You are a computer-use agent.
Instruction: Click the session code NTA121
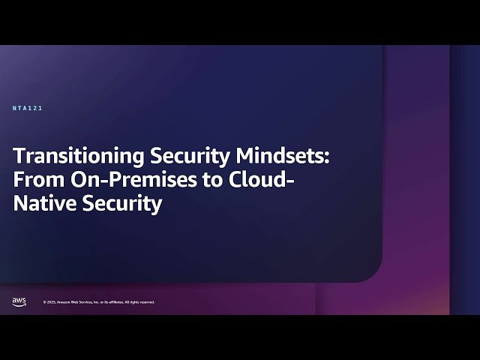[x=28, y=108]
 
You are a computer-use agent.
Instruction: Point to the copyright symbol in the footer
[x=44, y=302]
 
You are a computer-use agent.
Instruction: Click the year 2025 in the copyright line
[x=50, y=302]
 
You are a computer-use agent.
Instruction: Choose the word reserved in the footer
[x=147, y=302]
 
